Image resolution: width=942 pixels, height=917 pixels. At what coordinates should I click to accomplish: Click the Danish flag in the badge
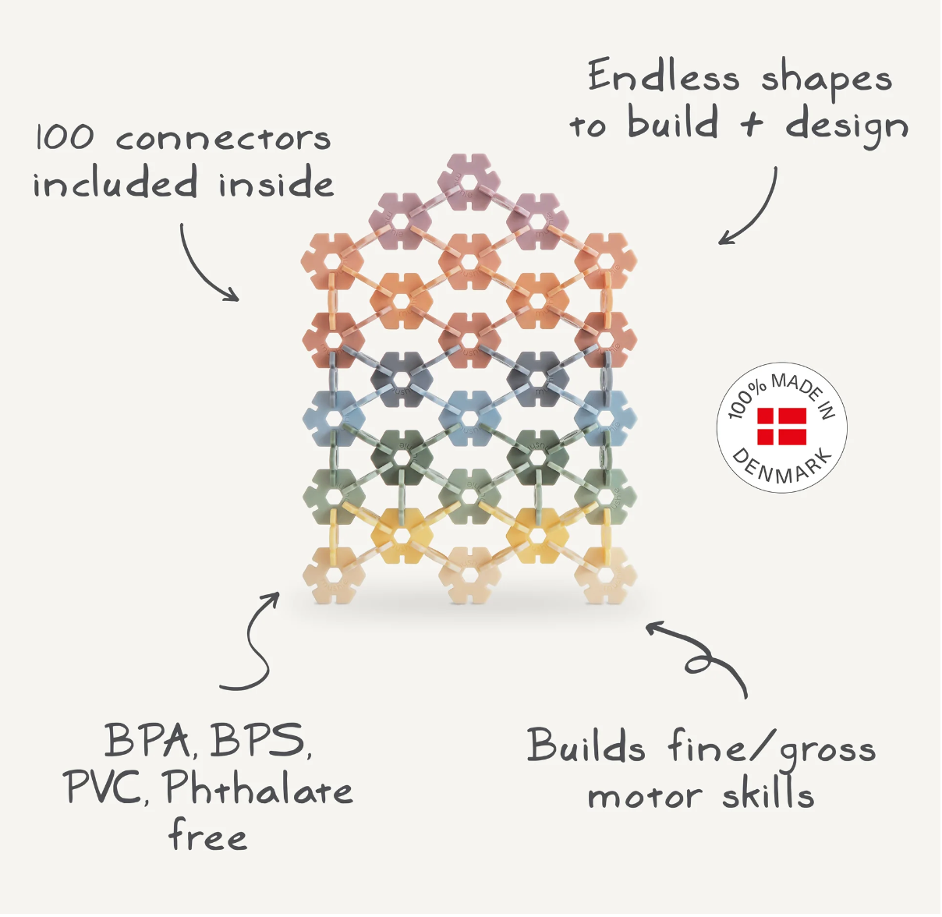click(781, 426)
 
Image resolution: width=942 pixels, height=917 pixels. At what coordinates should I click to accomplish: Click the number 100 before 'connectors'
click(65, 138)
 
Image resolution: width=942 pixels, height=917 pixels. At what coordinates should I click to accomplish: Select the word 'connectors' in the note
click(223, 139)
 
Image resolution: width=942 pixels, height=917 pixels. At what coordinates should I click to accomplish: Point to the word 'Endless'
click(663, 77)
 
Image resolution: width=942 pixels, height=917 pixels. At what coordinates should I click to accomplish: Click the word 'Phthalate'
click(258, 788)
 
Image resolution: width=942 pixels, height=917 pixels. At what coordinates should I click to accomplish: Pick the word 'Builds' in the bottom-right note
click(586, 746)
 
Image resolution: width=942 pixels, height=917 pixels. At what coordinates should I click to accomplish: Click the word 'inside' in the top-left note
click(275, 185)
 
